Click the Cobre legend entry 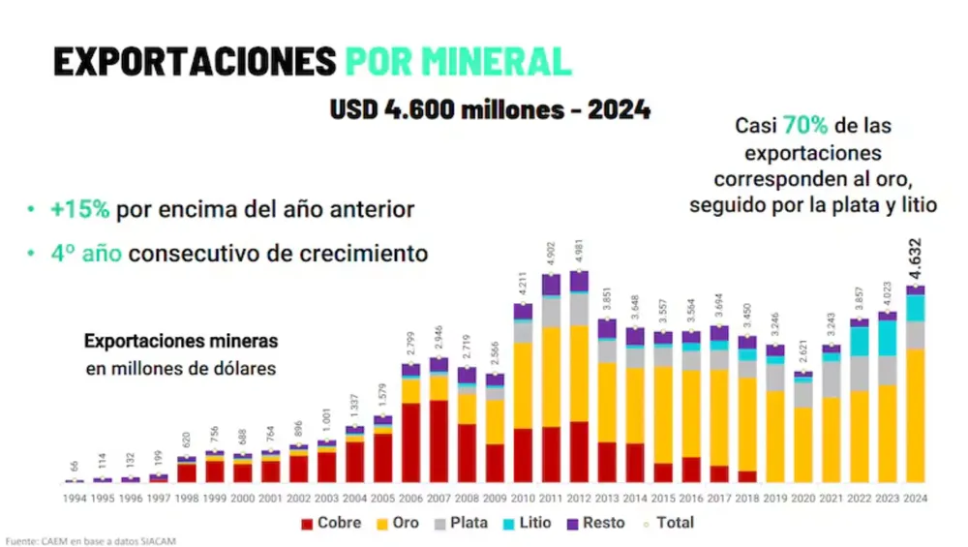(x=332, y=523)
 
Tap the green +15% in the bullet (x=81, y=209)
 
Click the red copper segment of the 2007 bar (x=439, y=441)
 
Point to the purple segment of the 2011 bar (x=552, y=286)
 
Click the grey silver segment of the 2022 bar (x=860, y=373)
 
